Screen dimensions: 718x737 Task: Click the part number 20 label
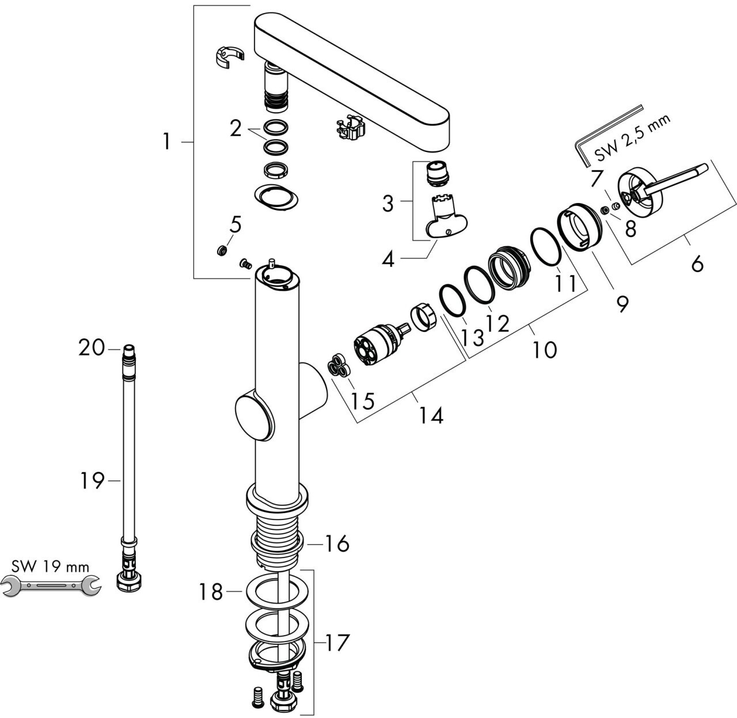91,347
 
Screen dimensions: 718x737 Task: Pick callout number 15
363,400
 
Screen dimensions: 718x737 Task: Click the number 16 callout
336,543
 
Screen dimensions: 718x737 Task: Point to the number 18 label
211,591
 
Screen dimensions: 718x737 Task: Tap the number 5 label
235,224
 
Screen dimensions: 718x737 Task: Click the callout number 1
166,141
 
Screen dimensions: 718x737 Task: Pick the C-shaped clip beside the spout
229,58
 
